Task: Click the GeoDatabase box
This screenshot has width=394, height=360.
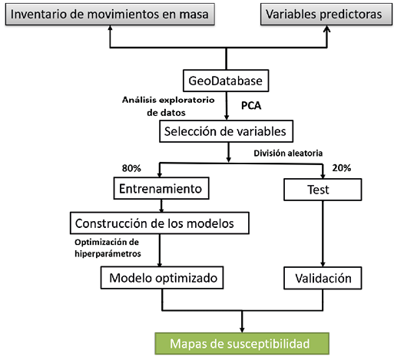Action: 226,81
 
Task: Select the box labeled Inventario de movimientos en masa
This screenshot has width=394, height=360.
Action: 110,14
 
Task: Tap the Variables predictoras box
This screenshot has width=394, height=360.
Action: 326,14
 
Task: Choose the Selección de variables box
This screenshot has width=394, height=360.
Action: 227,131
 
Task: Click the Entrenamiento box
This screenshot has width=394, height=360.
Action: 161,188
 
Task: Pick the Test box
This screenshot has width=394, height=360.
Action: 323,190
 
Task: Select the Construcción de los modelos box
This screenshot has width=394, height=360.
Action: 160,223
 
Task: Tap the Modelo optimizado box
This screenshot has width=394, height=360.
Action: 162,278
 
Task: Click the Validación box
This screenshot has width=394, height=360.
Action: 323,278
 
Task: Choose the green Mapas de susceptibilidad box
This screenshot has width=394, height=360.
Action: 242,344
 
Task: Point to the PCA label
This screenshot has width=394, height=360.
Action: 251,106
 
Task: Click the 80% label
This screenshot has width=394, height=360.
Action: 131,168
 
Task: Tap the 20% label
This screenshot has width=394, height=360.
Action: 342,168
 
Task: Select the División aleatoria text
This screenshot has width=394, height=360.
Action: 288,153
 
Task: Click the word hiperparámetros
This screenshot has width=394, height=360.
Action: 108,254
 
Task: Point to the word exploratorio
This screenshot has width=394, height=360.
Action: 187,100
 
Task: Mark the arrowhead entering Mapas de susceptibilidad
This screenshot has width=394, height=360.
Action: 242,330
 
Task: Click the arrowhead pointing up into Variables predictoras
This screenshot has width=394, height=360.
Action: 326,28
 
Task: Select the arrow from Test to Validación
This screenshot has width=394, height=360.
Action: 323,233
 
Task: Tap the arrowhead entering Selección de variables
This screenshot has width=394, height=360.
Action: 227,117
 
